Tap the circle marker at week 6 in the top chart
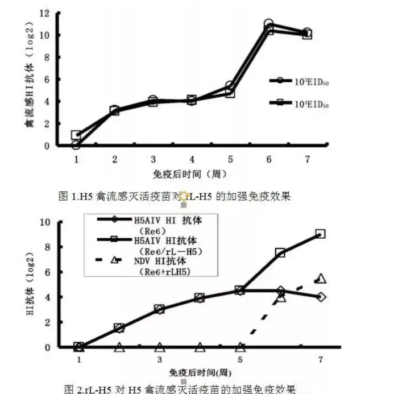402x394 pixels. (x=268, y=24)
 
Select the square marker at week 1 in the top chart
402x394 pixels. (x=76, y=135)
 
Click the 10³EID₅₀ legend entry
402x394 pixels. (x=300, y=81)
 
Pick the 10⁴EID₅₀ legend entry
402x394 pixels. (x=300, y=104)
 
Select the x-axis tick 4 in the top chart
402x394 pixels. (x=192, y=160)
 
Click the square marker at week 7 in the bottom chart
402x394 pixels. (x=321, y=234)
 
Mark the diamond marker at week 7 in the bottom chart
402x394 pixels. (x=321, y=297)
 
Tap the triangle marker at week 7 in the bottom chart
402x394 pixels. (x=321, y=279)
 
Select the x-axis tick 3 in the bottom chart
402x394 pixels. (x=160, y=360)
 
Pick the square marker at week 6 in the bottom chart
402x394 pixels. (x=280, y=252)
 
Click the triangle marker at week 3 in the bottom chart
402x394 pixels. (x=160, y=347)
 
